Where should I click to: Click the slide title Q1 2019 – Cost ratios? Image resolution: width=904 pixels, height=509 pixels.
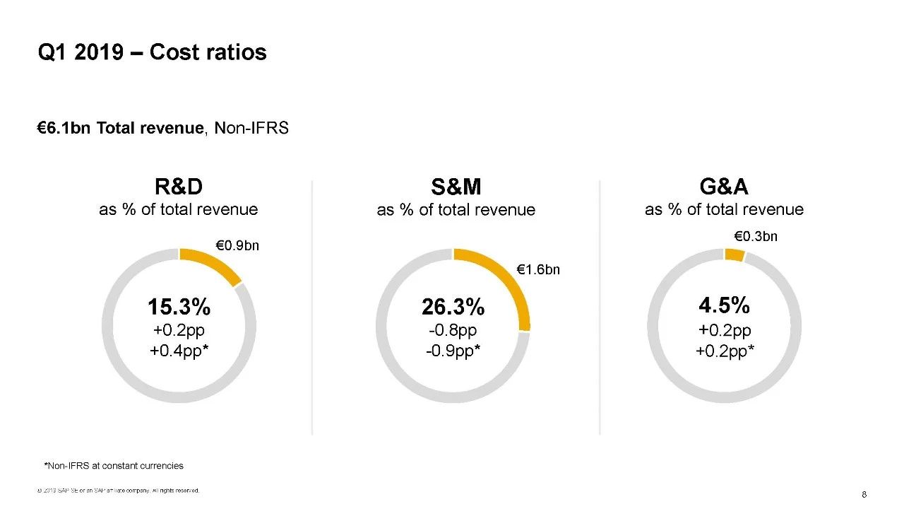point(152,52)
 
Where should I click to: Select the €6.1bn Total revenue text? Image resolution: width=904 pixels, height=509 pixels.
point(120,128)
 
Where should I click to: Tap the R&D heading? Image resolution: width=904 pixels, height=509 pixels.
point(178,187)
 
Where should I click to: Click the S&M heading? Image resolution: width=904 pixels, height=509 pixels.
point(456,188)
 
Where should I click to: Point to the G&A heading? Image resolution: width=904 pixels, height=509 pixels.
point(724,187)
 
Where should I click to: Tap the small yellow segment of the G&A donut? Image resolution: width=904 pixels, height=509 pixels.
point(734,255)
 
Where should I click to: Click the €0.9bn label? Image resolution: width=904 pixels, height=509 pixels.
point(237,246)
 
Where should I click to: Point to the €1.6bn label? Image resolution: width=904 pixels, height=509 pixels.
point(538,269)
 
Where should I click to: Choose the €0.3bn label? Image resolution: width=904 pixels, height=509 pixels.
point(755,236)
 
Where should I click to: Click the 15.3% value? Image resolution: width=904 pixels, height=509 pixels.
point(179,307)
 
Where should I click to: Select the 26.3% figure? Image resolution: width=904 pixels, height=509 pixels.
point(453,307)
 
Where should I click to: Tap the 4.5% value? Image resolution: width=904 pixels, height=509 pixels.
point(724,305)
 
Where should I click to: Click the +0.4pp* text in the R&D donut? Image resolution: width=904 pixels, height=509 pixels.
point(179,351)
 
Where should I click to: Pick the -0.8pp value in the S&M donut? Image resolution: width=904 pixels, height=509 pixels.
point(453,330)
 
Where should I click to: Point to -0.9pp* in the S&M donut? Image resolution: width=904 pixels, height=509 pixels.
point(453,351)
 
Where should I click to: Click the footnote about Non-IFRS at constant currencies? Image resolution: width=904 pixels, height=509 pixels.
point(114,465)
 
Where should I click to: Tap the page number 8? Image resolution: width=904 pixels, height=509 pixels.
point(864,493)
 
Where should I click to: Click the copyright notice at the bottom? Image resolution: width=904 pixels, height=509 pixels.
point(119,490)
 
